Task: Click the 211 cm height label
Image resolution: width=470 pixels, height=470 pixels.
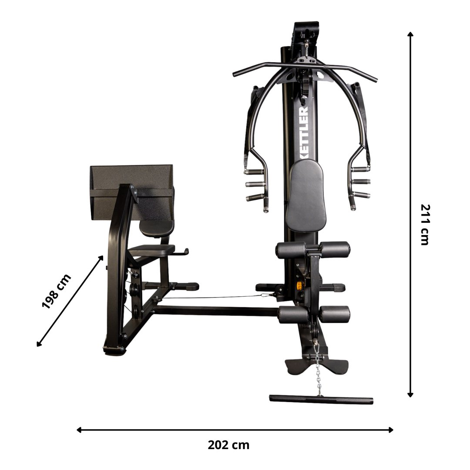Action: (425, 225)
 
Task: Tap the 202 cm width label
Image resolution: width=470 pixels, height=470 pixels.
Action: (228, 445)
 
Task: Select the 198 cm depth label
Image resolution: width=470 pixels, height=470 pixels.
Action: (56, 291)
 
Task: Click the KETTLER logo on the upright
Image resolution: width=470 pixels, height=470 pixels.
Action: (304, 132)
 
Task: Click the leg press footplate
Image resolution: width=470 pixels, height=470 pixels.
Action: (132, 192)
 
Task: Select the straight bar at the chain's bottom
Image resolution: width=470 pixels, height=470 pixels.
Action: (321, 399)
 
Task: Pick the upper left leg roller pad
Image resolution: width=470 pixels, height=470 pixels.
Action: (291, 250)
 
